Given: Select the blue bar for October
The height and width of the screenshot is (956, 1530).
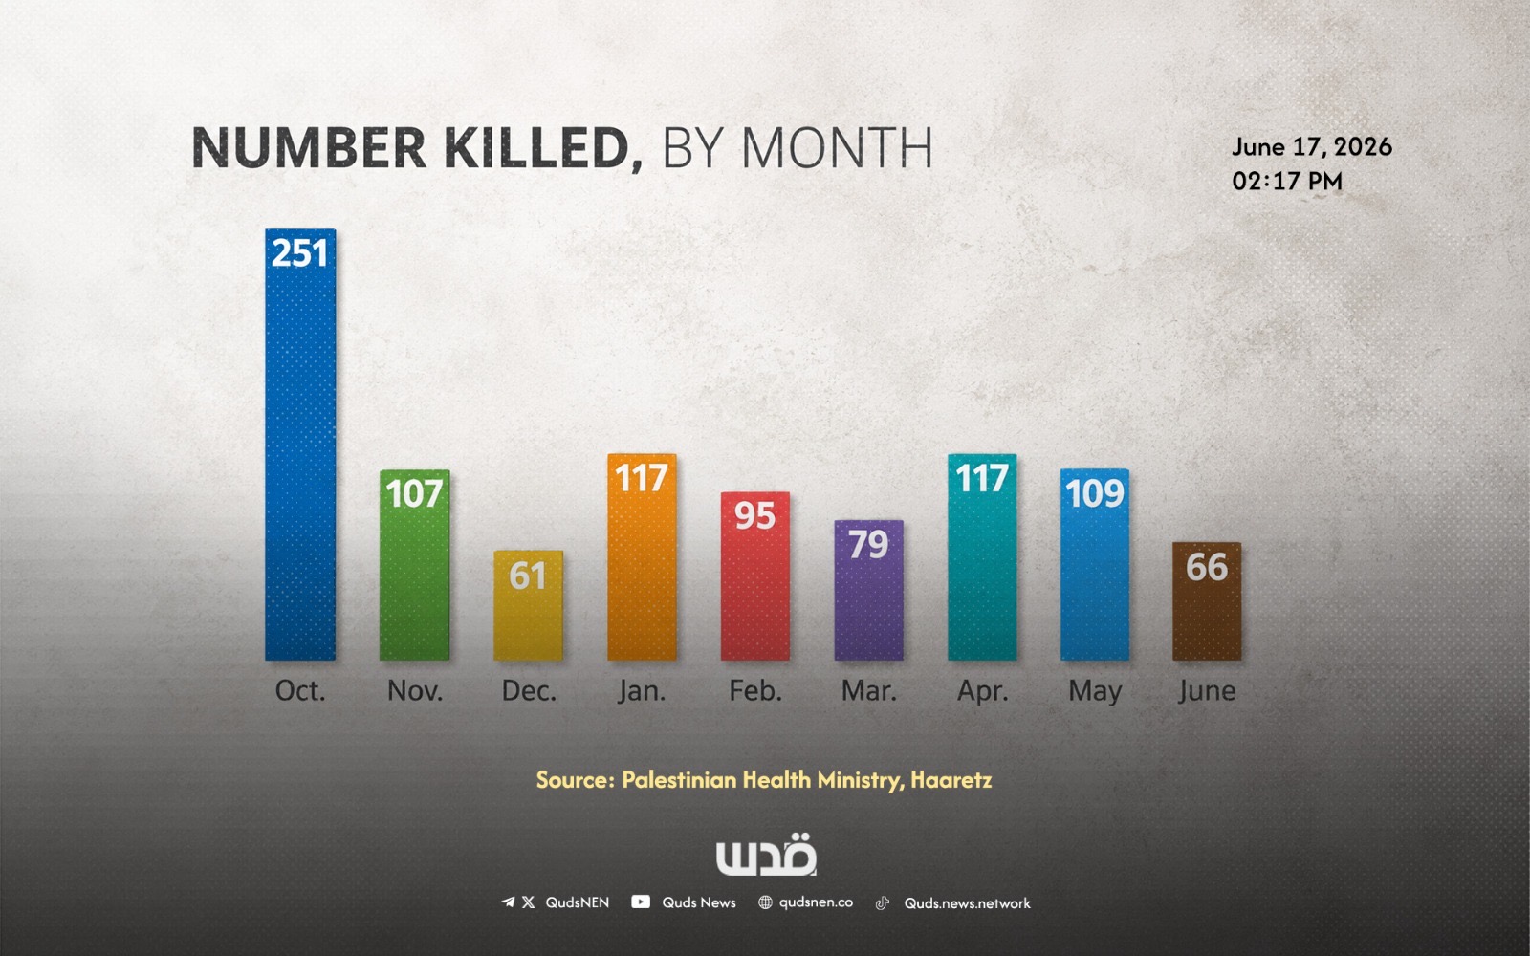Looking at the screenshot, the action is pos(300,445).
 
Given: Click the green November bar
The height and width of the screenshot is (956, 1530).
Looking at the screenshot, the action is pos(415,565).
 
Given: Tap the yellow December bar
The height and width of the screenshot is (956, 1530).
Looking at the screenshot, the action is pos(528,605).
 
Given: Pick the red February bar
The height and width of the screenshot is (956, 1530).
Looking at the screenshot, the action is pos(754,576).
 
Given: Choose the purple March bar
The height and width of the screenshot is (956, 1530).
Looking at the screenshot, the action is pos(869,590).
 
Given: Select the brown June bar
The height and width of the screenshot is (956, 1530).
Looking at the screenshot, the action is pos(1207,601).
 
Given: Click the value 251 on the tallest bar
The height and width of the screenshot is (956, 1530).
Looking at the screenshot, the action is pos(300,253).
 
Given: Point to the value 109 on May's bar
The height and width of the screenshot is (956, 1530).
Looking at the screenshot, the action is pos(1094,493).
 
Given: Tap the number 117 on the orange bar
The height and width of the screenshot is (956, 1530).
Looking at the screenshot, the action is pos(642,477).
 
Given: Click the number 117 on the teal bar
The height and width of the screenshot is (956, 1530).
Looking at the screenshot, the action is pos(981,477).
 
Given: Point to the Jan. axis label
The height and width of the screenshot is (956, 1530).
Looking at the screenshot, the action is pos(642,691).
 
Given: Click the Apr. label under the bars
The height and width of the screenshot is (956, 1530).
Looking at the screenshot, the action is pos(982,692).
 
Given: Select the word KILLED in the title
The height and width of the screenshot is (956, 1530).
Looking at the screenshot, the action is pos(544,147).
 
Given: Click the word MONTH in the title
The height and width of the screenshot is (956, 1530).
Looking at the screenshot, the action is pos(837,147).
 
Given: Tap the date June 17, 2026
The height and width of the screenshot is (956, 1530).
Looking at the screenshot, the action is pos(1311,147).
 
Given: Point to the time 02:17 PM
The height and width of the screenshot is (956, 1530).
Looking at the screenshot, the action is pos(1287,181).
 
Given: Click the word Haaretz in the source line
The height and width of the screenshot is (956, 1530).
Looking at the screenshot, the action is pos(951,780).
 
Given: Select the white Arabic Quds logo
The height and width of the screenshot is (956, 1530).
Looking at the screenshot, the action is pos(766,855).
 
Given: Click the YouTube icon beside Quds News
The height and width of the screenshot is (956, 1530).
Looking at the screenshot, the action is pos(641,902).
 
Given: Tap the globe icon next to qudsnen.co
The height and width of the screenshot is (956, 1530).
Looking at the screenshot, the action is pos(765,902).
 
